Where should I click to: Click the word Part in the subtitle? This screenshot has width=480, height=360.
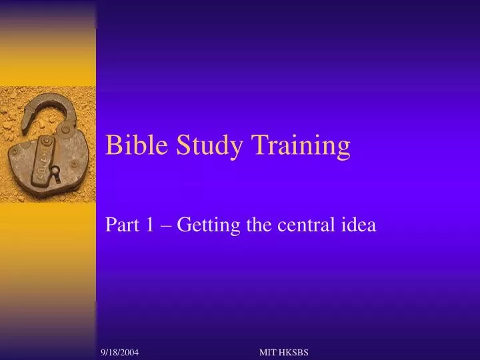coord(119,226)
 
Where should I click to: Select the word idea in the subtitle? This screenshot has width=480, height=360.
coord(360,226)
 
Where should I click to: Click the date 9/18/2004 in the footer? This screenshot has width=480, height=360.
coord(120,351)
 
